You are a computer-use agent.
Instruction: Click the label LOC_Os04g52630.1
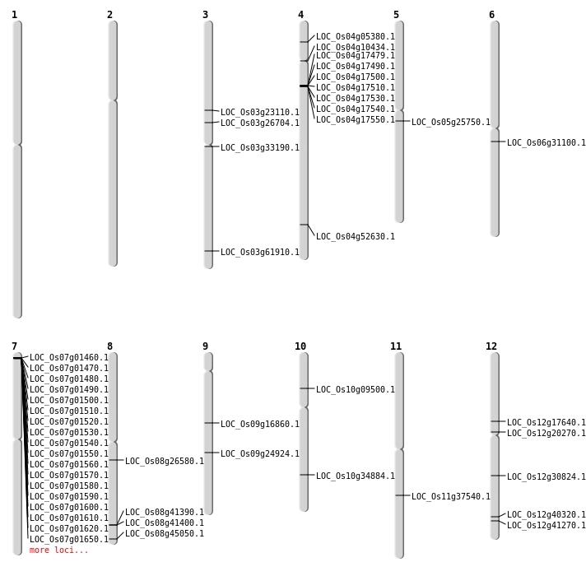355,237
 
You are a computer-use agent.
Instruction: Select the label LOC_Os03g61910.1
259,253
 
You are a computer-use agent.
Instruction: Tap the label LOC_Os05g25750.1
450,123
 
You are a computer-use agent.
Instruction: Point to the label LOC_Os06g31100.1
546,143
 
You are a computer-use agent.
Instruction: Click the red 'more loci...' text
58,550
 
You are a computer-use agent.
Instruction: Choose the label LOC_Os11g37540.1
450,497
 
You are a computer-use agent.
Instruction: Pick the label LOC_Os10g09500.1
355,390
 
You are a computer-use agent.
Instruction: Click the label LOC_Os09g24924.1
259,454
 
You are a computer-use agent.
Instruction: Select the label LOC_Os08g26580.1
164,462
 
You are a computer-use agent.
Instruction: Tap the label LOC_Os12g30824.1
546,477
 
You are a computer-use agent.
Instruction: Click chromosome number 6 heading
491,15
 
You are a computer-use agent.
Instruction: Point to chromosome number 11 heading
396,346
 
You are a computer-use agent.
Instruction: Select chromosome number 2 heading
109,15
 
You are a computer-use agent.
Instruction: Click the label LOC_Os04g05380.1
355,37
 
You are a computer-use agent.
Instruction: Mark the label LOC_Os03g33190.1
259,148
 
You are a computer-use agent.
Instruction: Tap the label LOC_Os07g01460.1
68,358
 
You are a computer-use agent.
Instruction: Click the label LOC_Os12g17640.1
546,423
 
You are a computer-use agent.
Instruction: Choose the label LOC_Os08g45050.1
164,534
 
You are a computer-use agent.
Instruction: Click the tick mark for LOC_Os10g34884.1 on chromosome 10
304,475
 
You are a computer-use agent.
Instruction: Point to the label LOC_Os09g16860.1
259,425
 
